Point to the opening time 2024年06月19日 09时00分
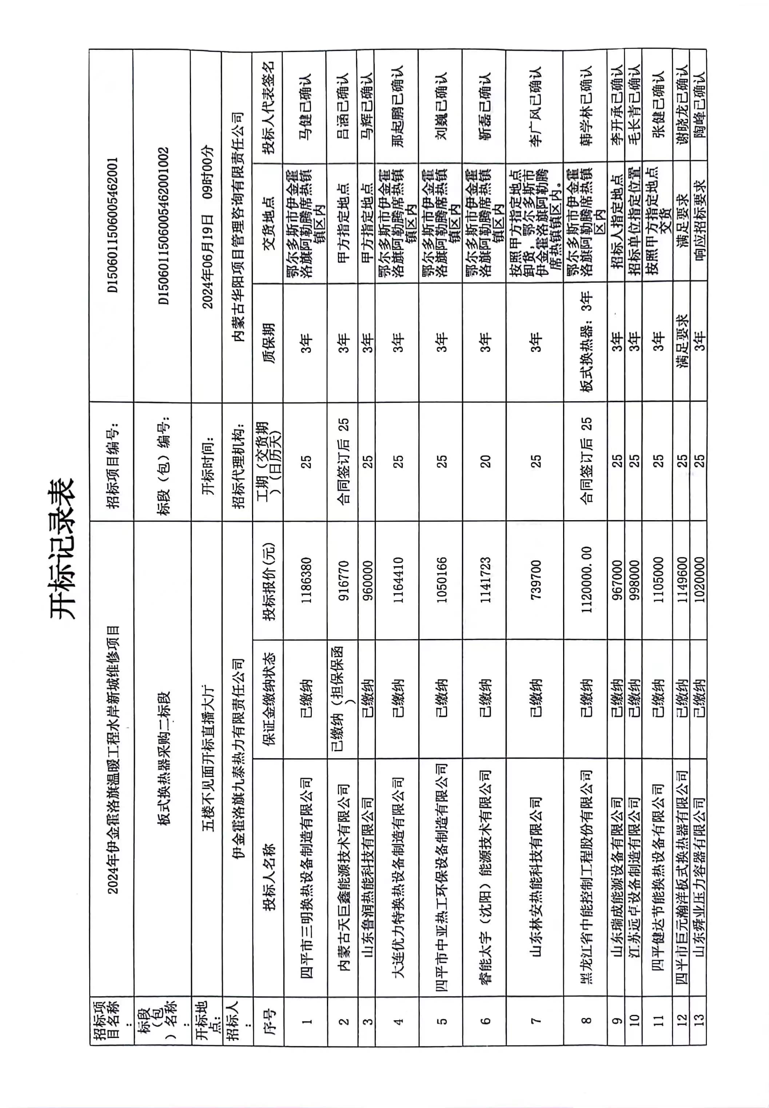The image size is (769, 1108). point(207,226)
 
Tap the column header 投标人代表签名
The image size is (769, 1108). point(268,107)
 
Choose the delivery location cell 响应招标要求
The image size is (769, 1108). point(698,231)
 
